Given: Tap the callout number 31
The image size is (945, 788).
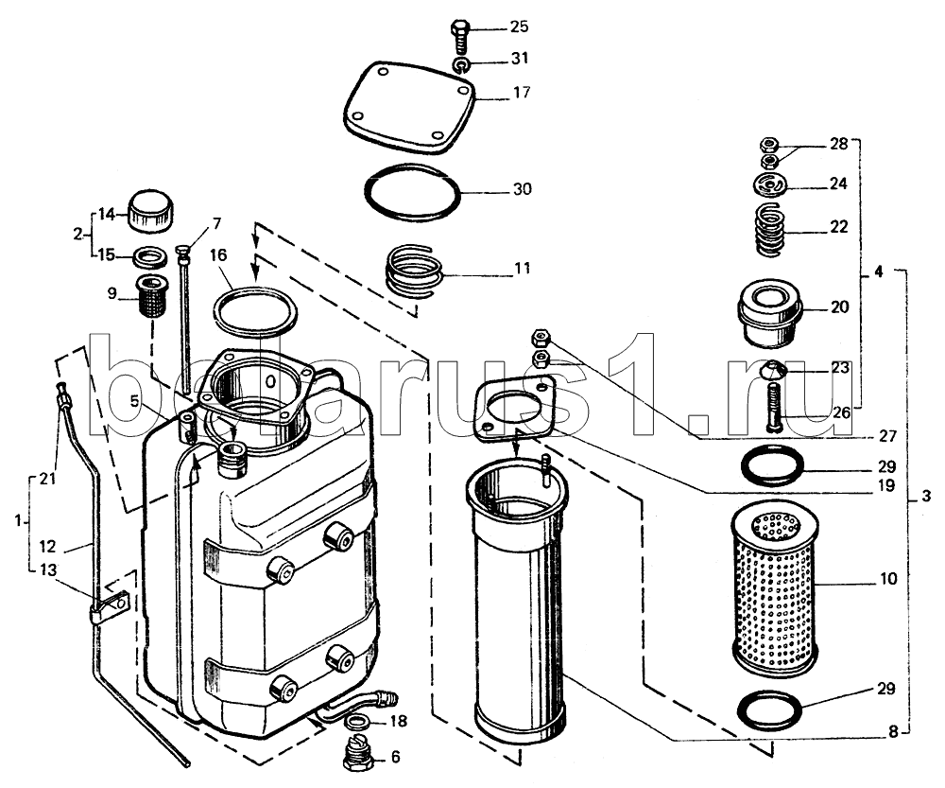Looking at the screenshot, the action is (520, 59).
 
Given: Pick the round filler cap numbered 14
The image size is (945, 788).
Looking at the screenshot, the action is (149, 212).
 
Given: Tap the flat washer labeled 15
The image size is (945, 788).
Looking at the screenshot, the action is (150, 257).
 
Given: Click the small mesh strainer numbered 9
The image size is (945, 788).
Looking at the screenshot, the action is (153, 296).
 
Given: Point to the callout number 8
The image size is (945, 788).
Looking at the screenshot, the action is (893, 732).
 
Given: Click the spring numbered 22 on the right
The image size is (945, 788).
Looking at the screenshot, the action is (769, 230).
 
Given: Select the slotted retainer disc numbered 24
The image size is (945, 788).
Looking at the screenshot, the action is (770, 184).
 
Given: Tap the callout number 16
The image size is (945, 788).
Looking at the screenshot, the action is (218, 255).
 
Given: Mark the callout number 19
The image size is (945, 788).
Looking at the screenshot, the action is (886, 485).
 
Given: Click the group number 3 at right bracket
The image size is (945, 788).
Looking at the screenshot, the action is (926, 497).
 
